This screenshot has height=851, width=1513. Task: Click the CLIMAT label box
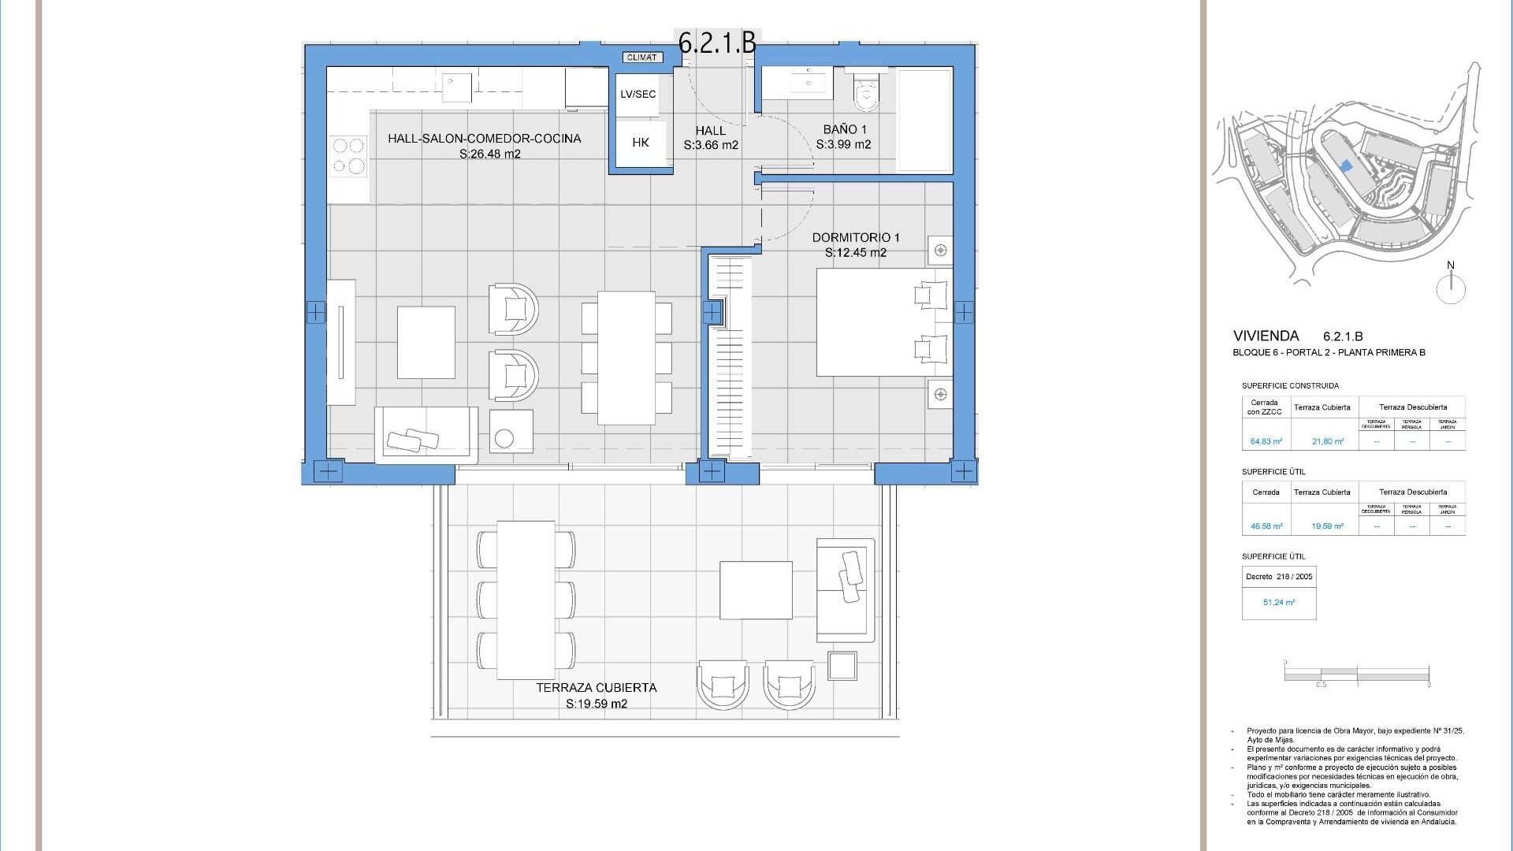coord(641,58)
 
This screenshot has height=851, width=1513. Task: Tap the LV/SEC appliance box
coord(638,94)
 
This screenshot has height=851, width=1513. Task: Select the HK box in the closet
coord(640,143)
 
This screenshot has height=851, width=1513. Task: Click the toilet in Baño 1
coord(867,93)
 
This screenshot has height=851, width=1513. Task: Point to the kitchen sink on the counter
coord(456,87)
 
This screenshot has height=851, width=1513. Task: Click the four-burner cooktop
coord(348,155)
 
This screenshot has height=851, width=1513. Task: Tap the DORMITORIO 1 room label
coord(855,244)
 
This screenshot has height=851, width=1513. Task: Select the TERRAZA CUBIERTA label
coord(596,695)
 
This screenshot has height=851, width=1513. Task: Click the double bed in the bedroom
coord(883,322)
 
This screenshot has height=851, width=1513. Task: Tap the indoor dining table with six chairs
coord(626,358)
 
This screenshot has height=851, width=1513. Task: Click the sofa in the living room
coord(426,434)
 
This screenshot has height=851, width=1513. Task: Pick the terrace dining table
coord(525,600)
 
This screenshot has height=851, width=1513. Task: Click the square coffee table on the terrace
coord(755,589)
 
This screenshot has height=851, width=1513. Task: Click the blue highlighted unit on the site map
coord(1346,166)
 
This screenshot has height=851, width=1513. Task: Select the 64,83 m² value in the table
coord(1266,442)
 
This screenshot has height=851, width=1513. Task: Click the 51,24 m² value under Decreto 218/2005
coord(1278,603)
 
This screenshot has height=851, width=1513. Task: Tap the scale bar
coord(1356,675)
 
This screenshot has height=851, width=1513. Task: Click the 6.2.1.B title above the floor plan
coord(717,43)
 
